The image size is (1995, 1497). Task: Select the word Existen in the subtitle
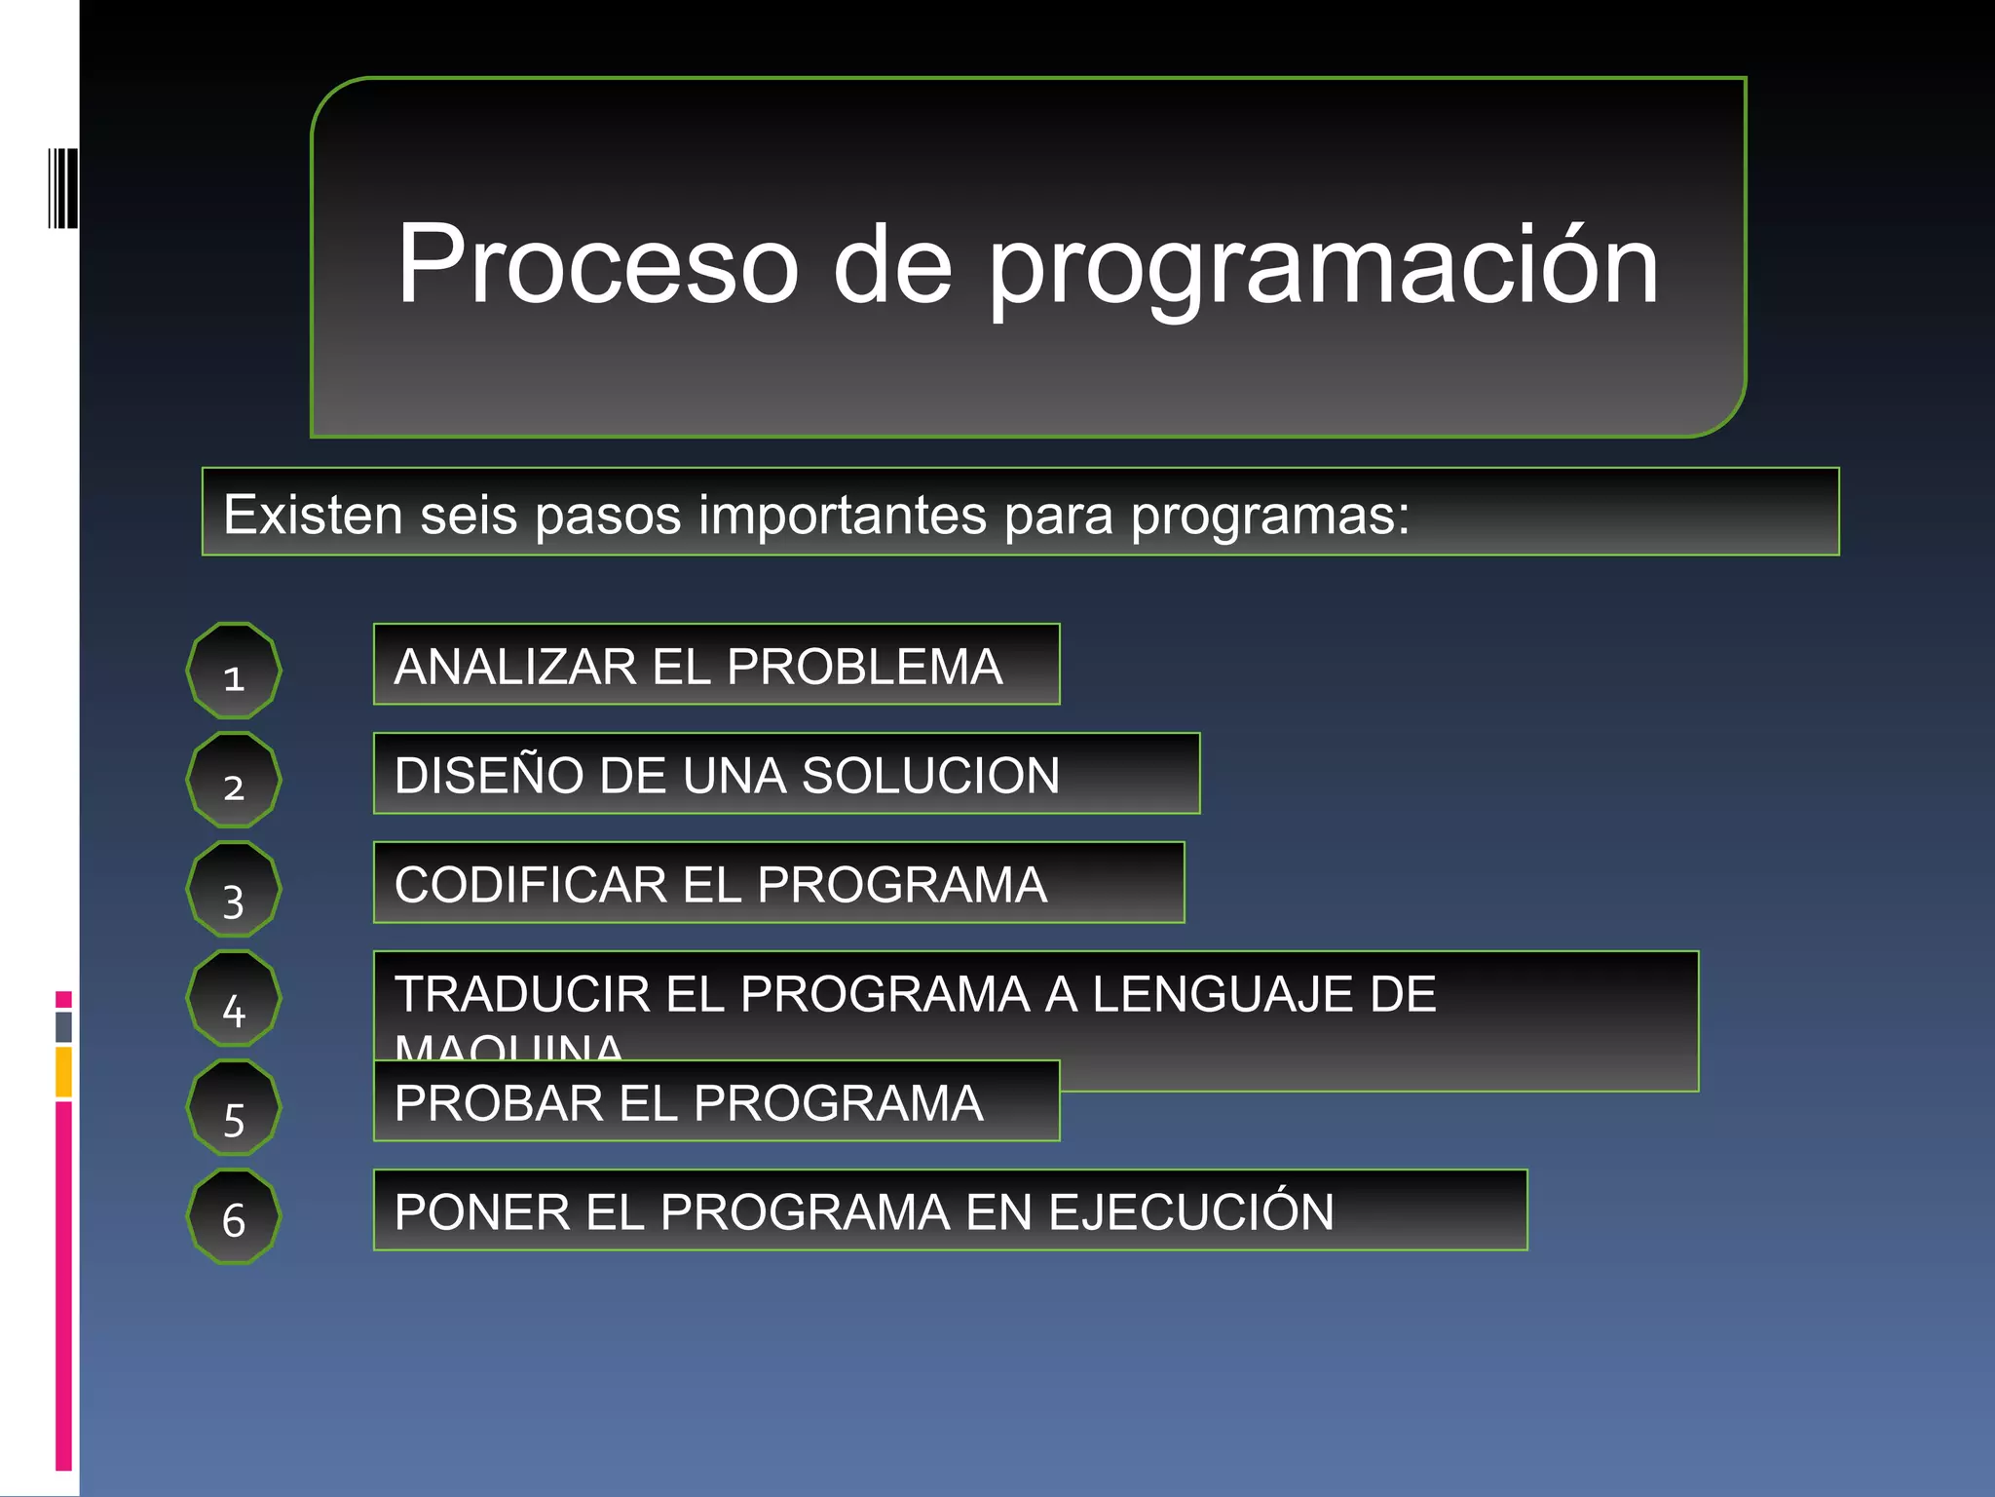coord(313,515)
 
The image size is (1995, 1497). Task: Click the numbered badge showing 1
coord(234,671)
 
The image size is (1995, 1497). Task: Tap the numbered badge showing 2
coord(234,780)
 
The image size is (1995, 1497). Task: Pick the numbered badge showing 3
coord(234,889)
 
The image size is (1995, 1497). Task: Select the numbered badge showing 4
coord(234,998)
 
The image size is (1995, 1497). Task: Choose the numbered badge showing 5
coord(234,1107)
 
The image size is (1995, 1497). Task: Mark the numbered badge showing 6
coord(234,1216)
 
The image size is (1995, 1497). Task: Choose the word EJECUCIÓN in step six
coord(1190,1212)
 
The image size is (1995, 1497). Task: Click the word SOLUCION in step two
coord(930,776)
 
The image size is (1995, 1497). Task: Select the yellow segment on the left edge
coord(63,1071)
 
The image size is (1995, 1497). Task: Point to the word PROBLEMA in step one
coord(864,667)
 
